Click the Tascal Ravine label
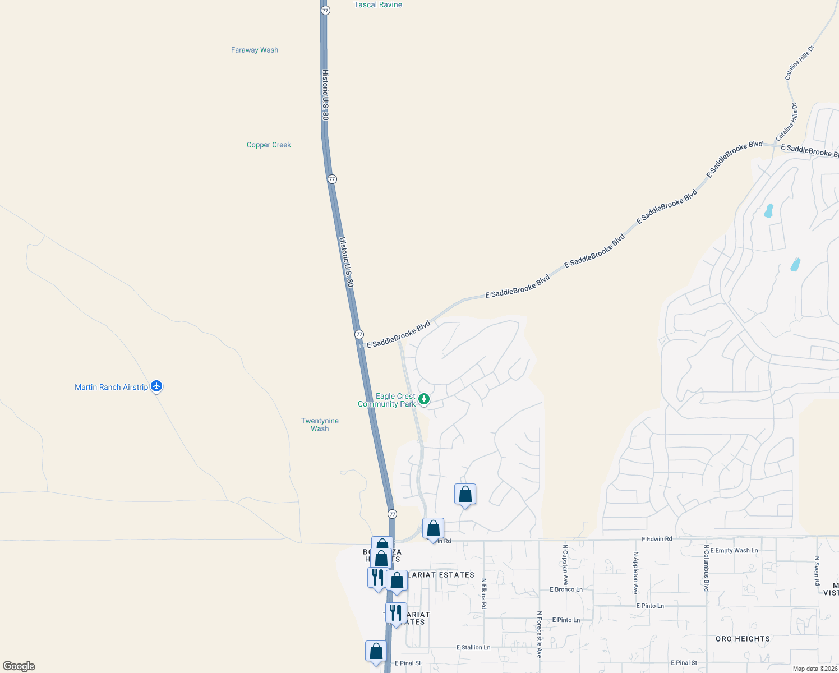pyautogui.click(x=377, y=5)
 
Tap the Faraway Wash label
pyautogui.click(x=255, y=50)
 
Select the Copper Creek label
pyautogui.click(x=269, y=145)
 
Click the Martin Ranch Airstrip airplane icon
pyautogui.click(x=156, y=386)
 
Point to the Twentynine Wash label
pyautogui.click(x=320, y=425)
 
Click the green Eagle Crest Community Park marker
pyautogui.click(x=425, y=399)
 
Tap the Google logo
pyautogui.click(x=19, y=666)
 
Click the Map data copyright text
pyautogui.click(x=815, y=669)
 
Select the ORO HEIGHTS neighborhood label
pyautogui.click(x=743, y=639)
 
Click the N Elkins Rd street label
pyautogui.click(x=483, y=594)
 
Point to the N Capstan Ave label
pyautogui.click(x=565, y=564)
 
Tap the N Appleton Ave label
pyautogui.click(x=635, y=573)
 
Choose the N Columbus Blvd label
pyautogui.click(x=706, y=568)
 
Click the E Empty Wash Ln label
pyautogui.click(x=734, y=551)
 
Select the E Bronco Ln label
pyautogui.click(x=566, y=589)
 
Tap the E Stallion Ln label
pyautogui.click(x=473, y=647)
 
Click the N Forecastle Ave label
pyautogui.click(x=539, y=634)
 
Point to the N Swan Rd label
pyautogui.click(x=817, y=571)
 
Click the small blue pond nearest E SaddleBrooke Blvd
pyautogui.click(x=768, y=211)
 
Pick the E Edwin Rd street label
pyautogui.click(x=657, y=539)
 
